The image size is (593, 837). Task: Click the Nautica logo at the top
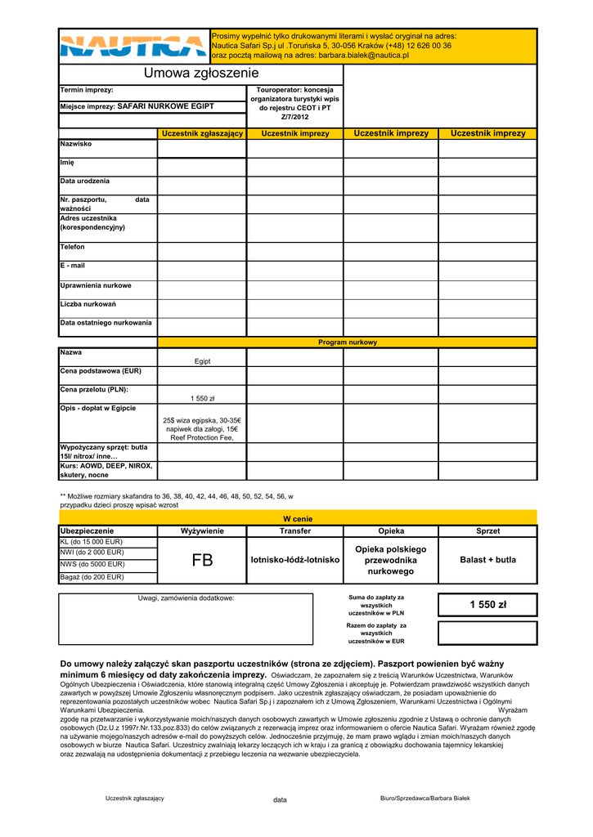point(133,47)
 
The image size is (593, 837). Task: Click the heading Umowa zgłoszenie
point(200,74)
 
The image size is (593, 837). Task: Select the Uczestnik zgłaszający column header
point(202,133)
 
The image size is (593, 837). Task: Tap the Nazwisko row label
point(76,144)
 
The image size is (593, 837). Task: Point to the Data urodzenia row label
point(85,181)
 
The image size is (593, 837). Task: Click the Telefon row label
point(73,247)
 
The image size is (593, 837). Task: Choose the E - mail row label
point(73,266)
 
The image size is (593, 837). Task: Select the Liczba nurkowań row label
point(88,304)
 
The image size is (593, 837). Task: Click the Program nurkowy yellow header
point(348,342)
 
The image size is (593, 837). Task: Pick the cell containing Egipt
point(202,360)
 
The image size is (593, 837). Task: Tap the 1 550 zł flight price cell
point(202,399)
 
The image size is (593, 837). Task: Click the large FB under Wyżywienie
point(202,560)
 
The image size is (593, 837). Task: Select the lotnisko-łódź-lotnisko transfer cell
point(295,560)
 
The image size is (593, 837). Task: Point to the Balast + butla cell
point(487,560)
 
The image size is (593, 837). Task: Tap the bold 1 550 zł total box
point(487,605)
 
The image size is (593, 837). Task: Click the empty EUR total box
point(487,633)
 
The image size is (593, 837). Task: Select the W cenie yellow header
point(298,519)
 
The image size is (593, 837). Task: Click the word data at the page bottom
point(281,800)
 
